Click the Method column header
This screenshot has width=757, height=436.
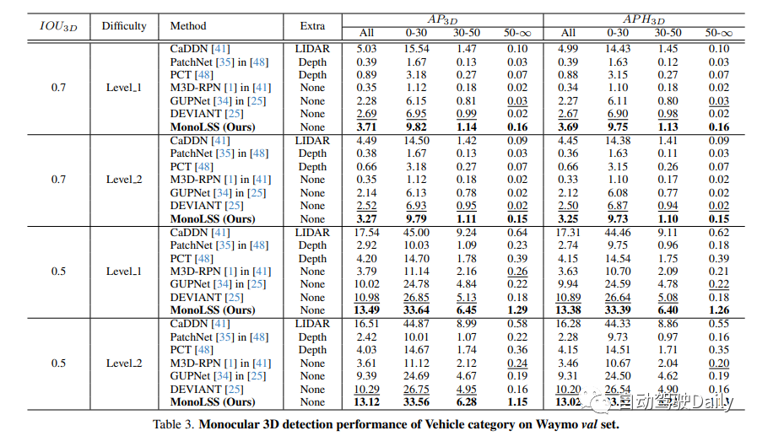[x=187, y=26]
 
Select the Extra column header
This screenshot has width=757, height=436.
[x=312, y=26]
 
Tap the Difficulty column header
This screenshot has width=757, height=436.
[x=124, y=26]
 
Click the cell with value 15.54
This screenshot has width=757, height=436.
[x=417, y=50]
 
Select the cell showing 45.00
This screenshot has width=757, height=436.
[x=417, y=233]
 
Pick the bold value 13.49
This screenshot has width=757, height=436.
[x=366, y=310]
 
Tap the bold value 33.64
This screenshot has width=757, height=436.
[x=417, y=310]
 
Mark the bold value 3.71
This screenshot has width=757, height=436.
[x=366, y=127]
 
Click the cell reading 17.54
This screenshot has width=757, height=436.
[x=366, y=233]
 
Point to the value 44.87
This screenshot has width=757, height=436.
[x=417, y=324]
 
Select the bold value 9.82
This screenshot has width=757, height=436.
[x=417, y=127]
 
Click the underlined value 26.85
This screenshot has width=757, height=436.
[x=417, y=298]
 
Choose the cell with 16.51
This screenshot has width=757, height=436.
[x=366, y=324]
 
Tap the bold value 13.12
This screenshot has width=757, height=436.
[x=366, y=402]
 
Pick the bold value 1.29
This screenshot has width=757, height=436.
[x=517, y=310]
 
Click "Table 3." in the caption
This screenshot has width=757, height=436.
[x=174, y=424]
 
